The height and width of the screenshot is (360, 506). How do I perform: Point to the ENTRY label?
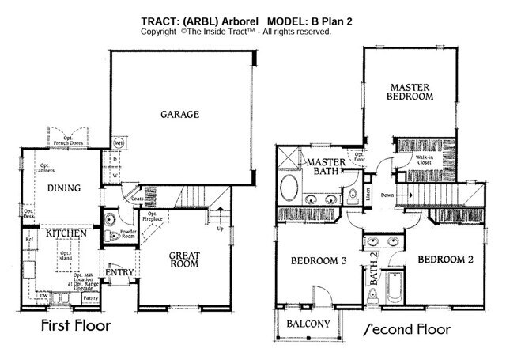coord(117,272)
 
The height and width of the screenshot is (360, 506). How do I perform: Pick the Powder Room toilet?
coord(111,237)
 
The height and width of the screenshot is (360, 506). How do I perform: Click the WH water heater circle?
coord(119,143)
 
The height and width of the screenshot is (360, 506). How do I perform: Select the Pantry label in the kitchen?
coord(91,298)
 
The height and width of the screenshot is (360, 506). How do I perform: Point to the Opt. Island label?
coord(64,256)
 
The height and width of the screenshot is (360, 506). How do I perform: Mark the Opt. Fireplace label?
coord(150,217)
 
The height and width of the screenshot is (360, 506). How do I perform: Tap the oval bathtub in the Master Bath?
coord(289,191)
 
